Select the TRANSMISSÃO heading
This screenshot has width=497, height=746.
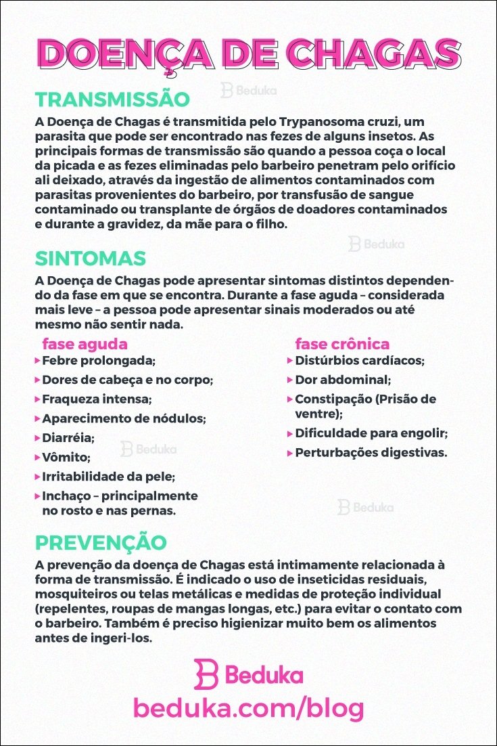tap(112, 100)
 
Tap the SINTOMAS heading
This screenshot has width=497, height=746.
tap(91, 258)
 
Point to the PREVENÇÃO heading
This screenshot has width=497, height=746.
tap(101, 543)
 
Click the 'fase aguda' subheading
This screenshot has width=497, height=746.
tap(85, 343)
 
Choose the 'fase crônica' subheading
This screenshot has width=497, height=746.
tap(342, 343)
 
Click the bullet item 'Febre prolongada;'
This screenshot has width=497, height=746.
tap(99, 360)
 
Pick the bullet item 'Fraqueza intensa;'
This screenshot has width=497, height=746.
tap(97, 399)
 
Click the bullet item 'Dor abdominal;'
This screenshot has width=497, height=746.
tap(343, 380)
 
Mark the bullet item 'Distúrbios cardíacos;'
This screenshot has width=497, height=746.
tap(360, 360)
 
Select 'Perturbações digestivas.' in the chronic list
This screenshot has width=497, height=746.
tap(371, 452)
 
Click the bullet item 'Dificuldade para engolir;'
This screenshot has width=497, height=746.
tap(372, 433)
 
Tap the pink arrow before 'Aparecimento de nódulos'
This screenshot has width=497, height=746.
tap(37, 418)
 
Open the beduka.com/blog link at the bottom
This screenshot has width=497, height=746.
tap(248, 708)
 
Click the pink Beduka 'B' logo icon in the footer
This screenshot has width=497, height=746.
tap(206, 674)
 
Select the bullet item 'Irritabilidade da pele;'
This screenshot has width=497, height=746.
tap(108, 477)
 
